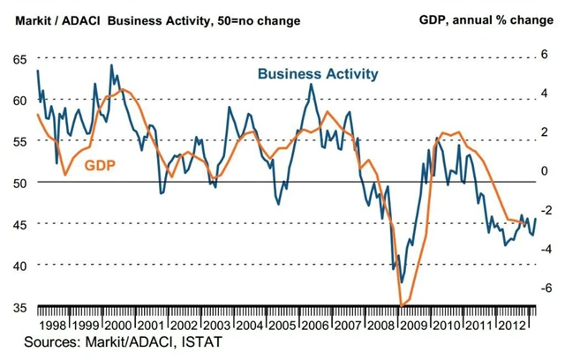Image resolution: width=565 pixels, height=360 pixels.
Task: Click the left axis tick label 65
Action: coord(19,58)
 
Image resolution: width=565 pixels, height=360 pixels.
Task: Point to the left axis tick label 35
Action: coord(19,307)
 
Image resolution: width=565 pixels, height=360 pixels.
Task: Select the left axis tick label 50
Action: coord(19,183)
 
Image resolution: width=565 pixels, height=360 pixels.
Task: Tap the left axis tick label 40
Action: coord(19,266)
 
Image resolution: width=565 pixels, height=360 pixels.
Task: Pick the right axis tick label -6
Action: coord(546,287)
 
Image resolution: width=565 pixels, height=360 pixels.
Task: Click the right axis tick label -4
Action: coord(546,248)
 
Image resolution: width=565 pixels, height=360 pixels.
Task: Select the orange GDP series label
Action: coord(102,164)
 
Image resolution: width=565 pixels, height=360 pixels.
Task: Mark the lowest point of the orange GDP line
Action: coord(403,305)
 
